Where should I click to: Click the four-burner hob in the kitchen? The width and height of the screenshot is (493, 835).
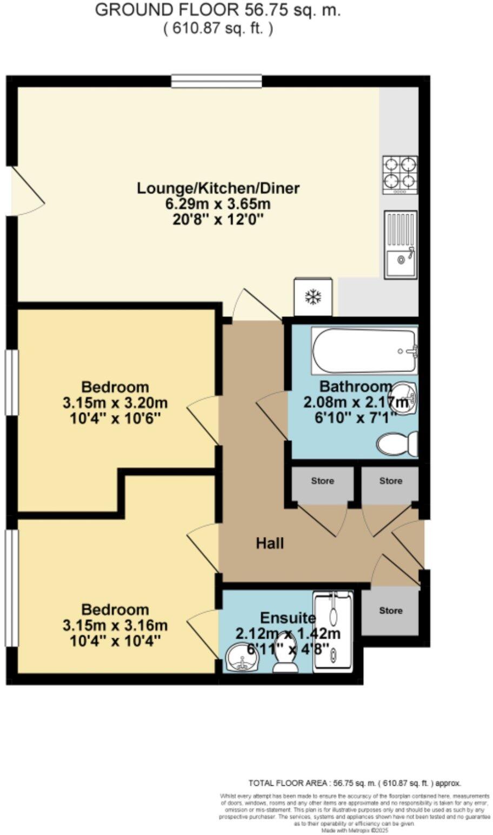click(x=400, y=174)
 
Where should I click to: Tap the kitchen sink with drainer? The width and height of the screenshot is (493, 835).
click(x=401, y=244)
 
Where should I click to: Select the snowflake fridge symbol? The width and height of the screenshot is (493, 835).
click(x=313, y=296)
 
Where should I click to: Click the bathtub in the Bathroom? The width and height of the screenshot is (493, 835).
click(x=364, y=351)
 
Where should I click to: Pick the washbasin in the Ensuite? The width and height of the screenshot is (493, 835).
click(x=242, y=659)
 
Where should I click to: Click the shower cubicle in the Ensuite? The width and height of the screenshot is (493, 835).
click(x=333, y=631)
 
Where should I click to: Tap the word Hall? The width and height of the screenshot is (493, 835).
click(x=270, y=543)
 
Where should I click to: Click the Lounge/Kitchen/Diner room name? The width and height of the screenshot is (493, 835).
click(x=218, y=188)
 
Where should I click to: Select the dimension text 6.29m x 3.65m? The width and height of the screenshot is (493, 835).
click(x=218, y=204)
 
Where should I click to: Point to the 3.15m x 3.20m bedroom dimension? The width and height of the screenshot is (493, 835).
click(x=115, y=403)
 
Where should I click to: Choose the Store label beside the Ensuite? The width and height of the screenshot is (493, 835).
click(x=390, y=611)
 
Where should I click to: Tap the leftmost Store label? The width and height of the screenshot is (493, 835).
click(x=323, y=481)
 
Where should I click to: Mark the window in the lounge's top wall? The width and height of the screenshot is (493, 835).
click(x=217, y=82)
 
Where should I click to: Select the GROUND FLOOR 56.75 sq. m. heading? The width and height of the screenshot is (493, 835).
click(x=218, y=10)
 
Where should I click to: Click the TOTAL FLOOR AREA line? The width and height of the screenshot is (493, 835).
click(x=355, y=783)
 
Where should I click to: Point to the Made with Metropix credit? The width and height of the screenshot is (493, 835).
click(x=354, y=830)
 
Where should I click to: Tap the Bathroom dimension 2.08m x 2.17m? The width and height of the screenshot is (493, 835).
click(x=355, y=402)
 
